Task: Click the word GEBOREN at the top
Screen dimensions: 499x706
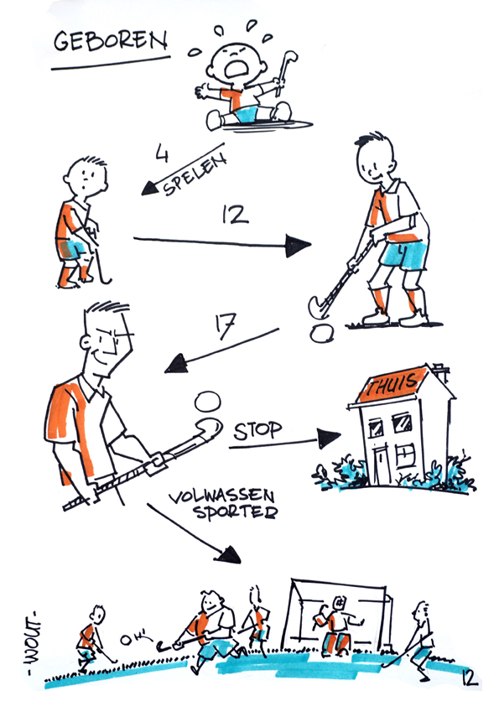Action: pos(111,41)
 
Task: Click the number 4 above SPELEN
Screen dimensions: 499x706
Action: pos(162,153)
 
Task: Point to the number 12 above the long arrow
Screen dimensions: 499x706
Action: pos(235,215)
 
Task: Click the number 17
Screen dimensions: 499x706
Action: pos(226,326)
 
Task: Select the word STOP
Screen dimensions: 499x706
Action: pos(257,431)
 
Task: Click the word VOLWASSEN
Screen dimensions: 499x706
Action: pos(221,496)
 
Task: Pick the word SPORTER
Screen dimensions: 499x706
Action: pos(236,512)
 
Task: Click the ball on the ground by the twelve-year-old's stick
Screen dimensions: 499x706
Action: pos(322,333)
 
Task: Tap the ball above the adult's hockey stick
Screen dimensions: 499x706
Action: pos(208,401)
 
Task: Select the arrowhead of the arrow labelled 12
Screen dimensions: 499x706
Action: pos(298,246)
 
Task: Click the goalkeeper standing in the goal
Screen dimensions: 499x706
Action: pos(338,625)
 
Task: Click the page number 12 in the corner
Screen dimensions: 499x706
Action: pos(470,678)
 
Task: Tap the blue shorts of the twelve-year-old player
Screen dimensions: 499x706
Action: pos(403,255)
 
